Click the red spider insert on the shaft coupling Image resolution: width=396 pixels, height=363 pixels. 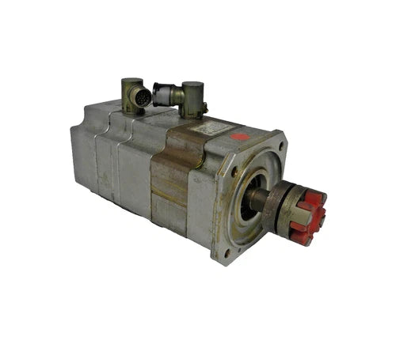pyautogui.click(x=310, y=214)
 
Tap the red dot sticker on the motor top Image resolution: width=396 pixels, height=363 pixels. pyautogui.click(x=240, y=136)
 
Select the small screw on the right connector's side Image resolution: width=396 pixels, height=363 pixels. pyautogui.click(x=204, y=109)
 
